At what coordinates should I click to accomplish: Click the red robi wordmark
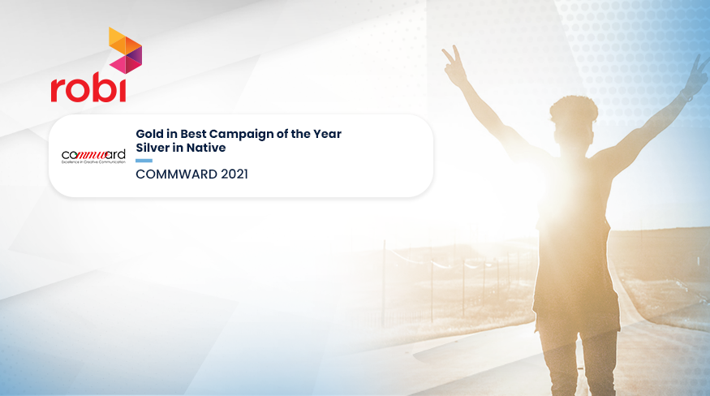coord(88,88)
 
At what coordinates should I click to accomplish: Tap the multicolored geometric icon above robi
coord(125,49)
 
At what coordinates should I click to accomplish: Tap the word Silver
coord(152,148)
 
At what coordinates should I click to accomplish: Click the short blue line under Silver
coord(144,160)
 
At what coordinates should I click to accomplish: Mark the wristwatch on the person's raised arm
coord(686,97)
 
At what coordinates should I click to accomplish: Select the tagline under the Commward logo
coord(93,162)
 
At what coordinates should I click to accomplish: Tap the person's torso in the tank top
coord(573,235)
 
